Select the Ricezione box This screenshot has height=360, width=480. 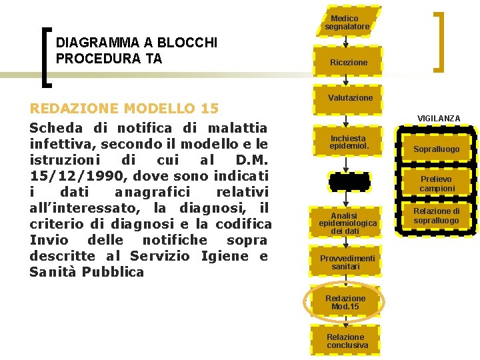[x=347, y=61]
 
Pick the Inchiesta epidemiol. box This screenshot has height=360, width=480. [x=347, y=142]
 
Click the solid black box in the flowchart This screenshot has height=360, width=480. [x=347, y=180]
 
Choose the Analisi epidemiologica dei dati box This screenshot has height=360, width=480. [x=347, y=222]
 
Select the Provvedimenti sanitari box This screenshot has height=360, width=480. [x=347, y=262]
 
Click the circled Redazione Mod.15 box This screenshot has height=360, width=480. [x=346, y=302]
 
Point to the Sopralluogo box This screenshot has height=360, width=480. [x=436, y=149]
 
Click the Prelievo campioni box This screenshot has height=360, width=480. [x=437, y=184]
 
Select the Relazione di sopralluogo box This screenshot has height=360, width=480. [x=437, y=216]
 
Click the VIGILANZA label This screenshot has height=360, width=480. [x=438, y=118]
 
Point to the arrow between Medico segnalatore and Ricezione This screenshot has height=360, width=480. [x=346, y=41]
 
